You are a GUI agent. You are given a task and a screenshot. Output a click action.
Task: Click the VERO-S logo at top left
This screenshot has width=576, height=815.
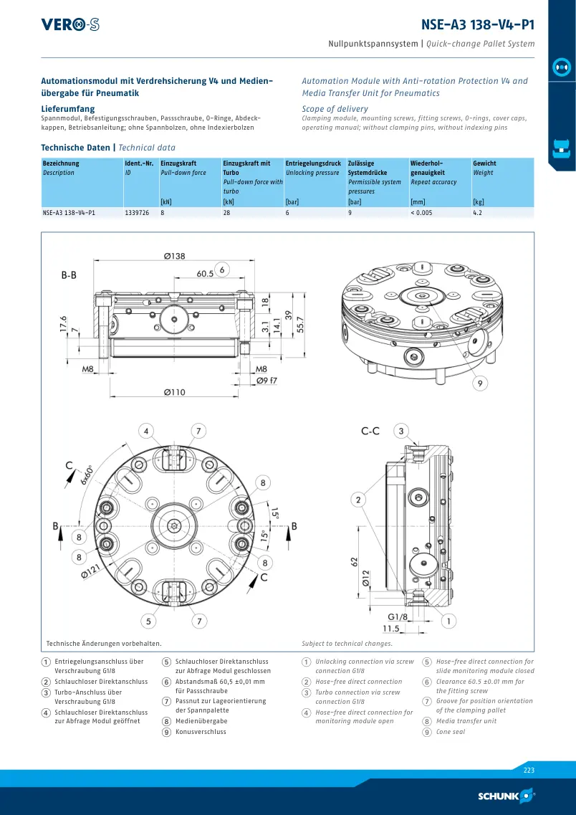(x=70, y=24)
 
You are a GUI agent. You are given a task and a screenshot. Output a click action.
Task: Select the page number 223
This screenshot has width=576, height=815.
(x=529, y=771)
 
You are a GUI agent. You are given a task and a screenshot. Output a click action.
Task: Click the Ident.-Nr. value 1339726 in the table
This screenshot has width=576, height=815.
(x=137, y=213)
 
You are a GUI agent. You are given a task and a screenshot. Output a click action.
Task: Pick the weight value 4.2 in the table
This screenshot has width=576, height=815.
(x=478, y=213)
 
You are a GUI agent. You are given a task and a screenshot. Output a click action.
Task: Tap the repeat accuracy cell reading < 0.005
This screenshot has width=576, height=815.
(x=421, y=213)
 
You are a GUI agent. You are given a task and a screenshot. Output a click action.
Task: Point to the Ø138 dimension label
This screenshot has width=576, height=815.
(x=174, y=256)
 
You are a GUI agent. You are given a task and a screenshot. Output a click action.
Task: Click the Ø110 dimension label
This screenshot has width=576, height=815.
(x=175, y=392)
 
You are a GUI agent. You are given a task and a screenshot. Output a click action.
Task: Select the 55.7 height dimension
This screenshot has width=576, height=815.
(x=299, y=324)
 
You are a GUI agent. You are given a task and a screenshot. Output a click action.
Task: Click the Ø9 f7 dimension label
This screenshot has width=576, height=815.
(x=267, y=381)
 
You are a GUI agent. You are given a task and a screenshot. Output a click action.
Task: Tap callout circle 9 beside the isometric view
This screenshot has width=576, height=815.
(x=480, y=383)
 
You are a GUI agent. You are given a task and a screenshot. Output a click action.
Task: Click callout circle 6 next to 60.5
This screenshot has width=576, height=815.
(x=222, y=270)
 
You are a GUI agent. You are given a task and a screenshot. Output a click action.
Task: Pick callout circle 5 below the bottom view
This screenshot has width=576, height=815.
(x=148, y=621)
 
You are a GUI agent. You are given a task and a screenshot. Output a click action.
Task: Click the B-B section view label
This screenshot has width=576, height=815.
(x=69, y=275)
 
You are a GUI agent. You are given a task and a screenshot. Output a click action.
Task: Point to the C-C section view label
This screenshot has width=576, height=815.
(x=370, y=431)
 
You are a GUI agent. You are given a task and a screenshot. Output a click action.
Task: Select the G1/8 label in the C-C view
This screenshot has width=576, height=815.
(x=398, y=617)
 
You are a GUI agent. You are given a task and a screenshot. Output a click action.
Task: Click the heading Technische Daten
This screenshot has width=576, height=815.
(x=76, y=148)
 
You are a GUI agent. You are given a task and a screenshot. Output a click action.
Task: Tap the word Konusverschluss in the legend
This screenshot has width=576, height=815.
(x=201, y=732)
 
